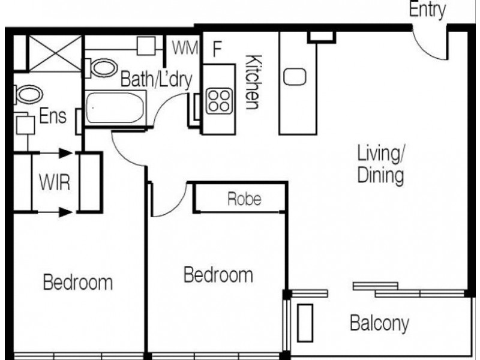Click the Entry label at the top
click(x=428, y=10)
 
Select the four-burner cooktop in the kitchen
click(x=219, y=101)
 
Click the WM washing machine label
click(x=185, y=49)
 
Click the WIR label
click(x=55, y=182)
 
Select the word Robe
click(x=244, y=200)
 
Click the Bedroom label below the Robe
click(x=218, y=276)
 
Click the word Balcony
click(x=379, y=324)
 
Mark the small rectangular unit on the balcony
click(x=305, y=322)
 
